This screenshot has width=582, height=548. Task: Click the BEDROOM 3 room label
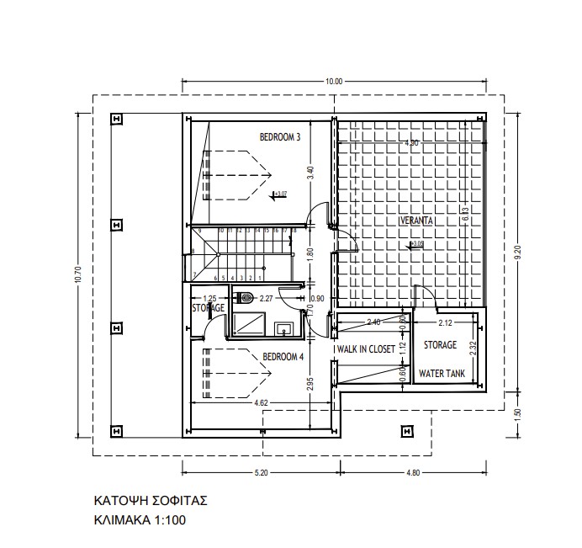[x=279, y=136]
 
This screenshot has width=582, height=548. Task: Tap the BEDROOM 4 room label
[x=283, y=356]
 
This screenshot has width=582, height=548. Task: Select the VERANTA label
[x=416, y=221]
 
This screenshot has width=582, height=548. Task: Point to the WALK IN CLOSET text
[x=366, y=348]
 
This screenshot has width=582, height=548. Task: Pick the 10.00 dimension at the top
[x=334, y=82]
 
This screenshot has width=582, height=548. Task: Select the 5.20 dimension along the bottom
[x=260, y=472]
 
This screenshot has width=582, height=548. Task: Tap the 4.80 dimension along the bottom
[x=412, y=472]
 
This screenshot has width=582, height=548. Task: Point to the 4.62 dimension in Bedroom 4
[x=260, y=404]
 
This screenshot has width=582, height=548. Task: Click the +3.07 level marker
[x=280, y=194]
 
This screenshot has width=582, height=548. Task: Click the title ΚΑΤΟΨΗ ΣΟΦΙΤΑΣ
[x=151, y=500]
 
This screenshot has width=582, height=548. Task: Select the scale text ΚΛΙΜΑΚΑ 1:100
[x=139, y=520]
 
